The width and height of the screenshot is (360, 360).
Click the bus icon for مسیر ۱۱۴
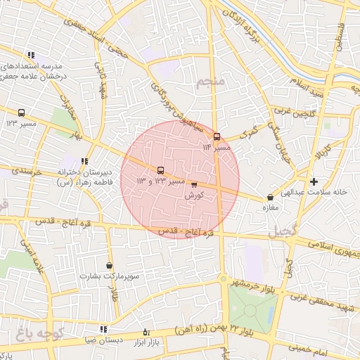tap(216, 137)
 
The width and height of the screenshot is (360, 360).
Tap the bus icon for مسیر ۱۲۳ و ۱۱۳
tap(161, 170)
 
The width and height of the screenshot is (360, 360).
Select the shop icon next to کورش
tap(194, 185)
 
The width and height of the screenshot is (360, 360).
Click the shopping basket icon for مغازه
tap(270, 198)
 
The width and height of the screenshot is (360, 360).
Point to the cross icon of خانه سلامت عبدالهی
tap(314, 181)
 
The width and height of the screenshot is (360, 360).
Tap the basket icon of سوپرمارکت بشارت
tap(109, 265)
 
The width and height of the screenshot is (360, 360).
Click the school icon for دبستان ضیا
tap(103, 328)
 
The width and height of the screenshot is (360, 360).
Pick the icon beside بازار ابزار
tap(146, 332)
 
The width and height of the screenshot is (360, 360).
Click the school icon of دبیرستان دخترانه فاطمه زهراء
tap(84, 161)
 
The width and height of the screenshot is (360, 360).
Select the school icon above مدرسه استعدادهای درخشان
tap(31, 55)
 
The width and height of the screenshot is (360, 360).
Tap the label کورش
tap(193, 196)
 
